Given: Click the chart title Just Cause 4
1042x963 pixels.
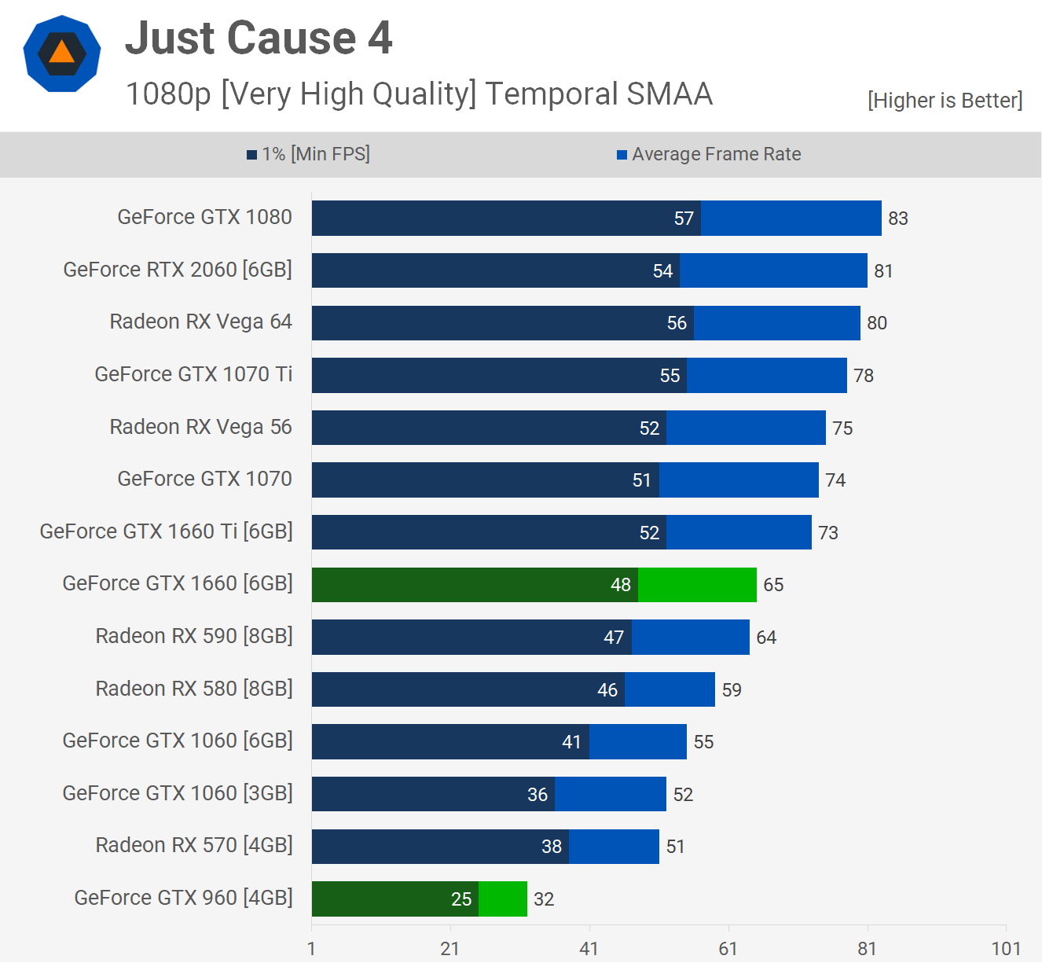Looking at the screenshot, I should (259, 38).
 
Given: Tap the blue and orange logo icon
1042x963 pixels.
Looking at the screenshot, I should (62, 53).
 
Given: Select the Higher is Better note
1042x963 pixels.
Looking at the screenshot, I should (945, 101).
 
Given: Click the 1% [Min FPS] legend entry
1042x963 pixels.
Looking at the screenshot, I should (309, 154).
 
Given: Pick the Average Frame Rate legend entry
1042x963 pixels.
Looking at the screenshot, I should (709, 154).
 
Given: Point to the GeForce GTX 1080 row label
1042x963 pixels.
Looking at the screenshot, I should (204, 217).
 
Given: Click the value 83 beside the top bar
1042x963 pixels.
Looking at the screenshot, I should (898, 219).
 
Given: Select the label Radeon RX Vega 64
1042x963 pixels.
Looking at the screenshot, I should (200, 322).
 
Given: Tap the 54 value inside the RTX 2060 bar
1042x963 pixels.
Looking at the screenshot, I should (662, 271).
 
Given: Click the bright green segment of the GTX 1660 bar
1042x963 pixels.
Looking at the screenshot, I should (697, 585).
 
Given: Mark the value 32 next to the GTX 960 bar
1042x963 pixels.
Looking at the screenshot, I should (544, 899).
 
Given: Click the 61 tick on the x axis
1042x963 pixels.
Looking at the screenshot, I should (728, 949).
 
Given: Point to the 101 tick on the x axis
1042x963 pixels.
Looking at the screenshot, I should (1006, 949).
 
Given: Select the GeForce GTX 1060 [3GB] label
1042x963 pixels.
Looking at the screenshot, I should (178, 793).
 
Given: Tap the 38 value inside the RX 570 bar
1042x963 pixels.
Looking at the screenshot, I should (552, 847).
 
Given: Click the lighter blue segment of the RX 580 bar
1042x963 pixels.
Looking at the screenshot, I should (670, 689).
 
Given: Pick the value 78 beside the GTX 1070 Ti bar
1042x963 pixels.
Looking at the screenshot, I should (864, 376).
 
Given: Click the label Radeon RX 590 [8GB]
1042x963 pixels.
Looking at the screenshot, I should (194, 636).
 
